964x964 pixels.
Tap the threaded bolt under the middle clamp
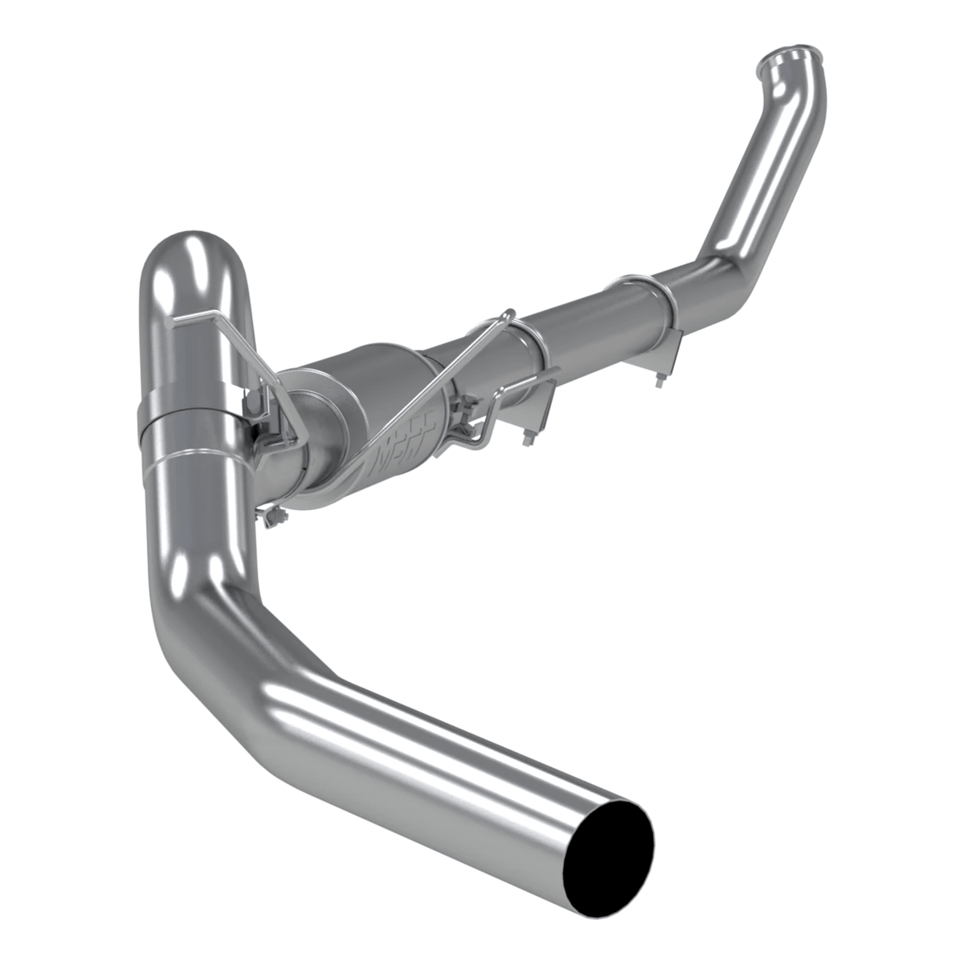[529, 438]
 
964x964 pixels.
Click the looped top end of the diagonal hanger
[505, 315]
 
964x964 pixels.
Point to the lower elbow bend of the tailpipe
[201, 635]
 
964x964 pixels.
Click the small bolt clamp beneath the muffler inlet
[273, 518]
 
